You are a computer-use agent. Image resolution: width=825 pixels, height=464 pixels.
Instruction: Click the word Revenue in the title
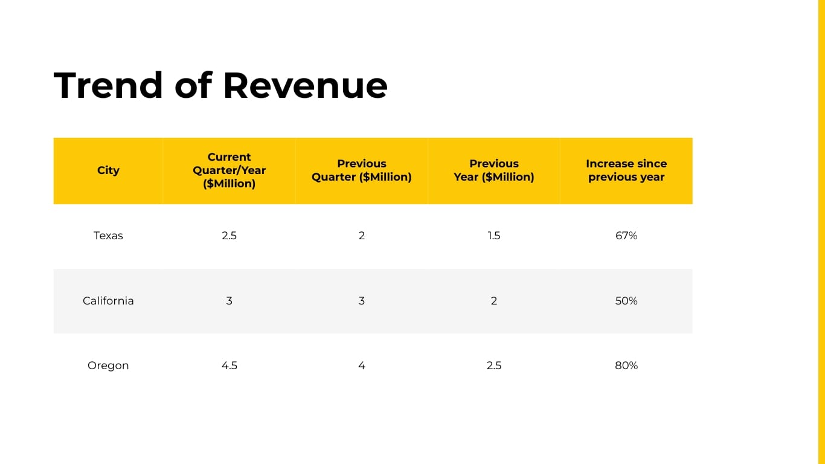pos(305,85)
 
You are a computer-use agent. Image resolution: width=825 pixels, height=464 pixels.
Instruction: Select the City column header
pos(108,170)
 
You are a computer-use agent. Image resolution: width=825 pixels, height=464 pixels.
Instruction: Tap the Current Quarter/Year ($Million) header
pos(229,170)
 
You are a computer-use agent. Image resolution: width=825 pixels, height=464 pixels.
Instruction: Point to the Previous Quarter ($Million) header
pos(361,170)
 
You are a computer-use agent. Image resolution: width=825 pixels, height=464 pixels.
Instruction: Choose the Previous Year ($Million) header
pos(494,170)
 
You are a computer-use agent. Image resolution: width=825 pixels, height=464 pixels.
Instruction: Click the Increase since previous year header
pos(626,170)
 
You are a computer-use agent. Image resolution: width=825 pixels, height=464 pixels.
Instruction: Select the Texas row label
pos(108,236)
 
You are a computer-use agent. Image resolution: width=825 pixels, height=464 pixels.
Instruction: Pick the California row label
pos(108,301)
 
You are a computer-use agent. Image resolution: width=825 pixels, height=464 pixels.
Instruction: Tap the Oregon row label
pos(108,366)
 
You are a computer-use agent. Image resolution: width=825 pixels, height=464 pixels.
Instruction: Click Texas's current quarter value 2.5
pos(229,236)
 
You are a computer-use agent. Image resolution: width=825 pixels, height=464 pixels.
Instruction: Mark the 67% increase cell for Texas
pos(626,236)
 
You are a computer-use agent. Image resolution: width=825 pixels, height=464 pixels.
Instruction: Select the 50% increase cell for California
pos(626,301)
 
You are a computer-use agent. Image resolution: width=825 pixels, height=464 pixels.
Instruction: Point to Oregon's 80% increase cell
pos(626,366)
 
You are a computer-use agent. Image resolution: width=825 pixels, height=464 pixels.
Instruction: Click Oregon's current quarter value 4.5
pos(229,366)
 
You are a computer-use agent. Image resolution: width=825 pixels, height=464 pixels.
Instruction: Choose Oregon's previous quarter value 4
pos(361,366)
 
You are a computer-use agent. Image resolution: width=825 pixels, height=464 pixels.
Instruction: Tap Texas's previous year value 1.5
pos(494,236)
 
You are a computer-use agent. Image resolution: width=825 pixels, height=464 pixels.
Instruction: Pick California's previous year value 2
pos(494,301)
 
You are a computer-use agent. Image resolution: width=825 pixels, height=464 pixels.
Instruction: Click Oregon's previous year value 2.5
pos(494,366)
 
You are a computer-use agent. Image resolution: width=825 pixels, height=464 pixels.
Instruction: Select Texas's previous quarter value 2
pos(361,236)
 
